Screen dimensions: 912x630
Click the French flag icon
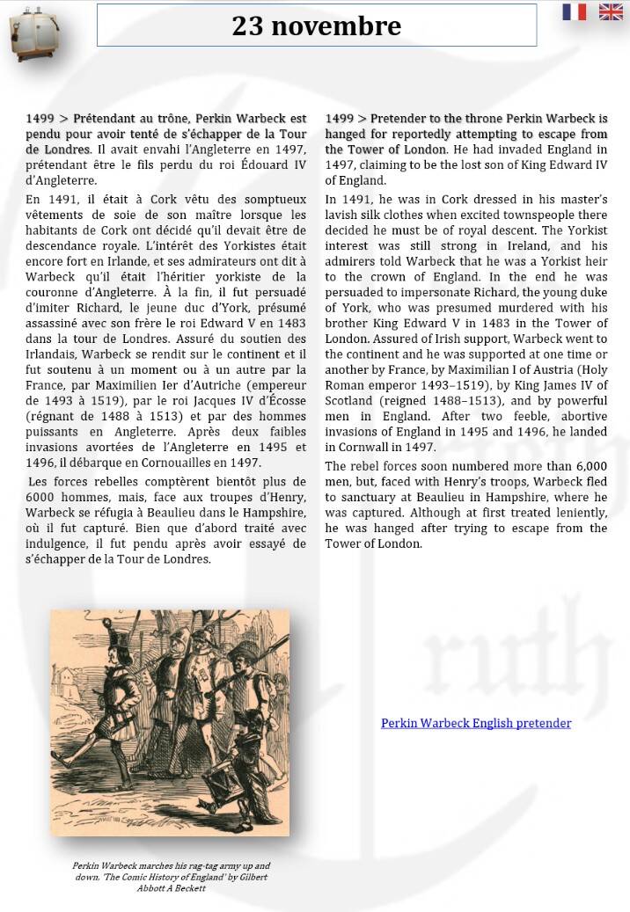pos(575,11)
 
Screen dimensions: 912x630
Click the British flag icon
pos(611,11)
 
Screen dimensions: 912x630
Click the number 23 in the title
pos(248,26)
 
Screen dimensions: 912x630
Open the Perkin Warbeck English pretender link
pos(476,723)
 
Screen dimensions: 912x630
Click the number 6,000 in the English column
pos(587,466)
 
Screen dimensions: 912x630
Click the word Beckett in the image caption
pos(189,888)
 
